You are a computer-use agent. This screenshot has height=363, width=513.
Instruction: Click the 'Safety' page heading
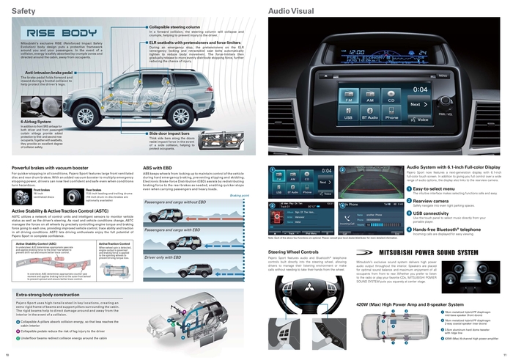[22, 12]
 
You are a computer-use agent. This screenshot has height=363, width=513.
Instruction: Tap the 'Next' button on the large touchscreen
[419, 104]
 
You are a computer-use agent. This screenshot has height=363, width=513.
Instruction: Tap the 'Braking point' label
[240, 196]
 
